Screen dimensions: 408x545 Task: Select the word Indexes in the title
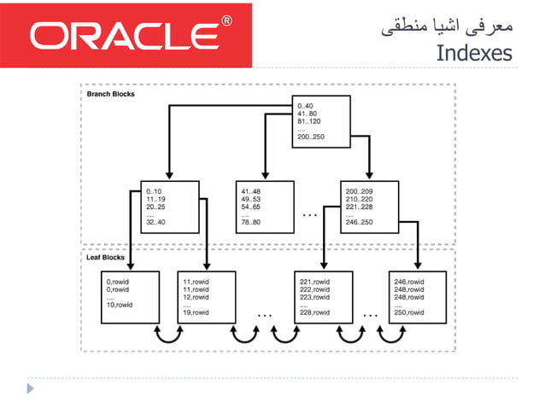tap(473, 53)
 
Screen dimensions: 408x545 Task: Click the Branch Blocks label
tap(111, 95)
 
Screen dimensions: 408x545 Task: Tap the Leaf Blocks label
tap(107, 256)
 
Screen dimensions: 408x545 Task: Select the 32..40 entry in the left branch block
tap(155, 222)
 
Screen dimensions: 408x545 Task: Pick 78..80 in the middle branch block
tap(251, 222)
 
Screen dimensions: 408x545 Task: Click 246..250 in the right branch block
tap(360, 222)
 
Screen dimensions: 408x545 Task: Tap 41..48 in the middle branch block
tap(250, 191)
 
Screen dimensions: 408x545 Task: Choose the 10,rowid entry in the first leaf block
tap(120, 305)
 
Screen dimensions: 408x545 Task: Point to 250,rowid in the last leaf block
tap(408, 312)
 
